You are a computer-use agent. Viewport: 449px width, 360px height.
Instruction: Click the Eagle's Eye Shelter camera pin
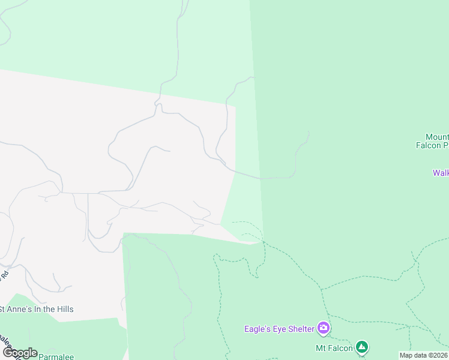324,328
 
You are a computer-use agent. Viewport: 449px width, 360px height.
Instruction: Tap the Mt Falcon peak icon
361,347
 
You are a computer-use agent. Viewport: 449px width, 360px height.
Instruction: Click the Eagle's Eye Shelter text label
280,328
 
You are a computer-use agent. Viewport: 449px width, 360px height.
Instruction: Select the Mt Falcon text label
333,347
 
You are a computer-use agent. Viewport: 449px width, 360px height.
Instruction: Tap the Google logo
19,353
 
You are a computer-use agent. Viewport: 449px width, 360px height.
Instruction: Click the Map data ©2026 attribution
424,355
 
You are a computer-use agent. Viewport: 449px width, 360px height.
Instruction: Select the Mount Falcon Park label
432,141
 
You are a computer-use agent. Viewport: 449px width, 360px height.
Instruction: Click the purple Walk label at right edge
441,173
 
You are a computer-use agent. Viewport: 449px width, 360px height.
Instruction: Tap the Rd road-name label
5,277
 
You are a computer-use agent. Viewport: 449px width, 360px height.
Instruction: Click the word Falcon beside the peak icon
340,347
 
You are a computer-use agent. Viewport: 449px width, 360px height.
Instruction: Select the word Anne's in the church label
20,309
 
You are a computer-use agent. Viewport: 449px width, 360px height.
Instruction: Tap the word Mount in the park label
436,137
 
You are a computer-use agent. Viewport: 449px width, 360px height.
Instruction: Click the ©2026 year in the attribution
438,355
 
